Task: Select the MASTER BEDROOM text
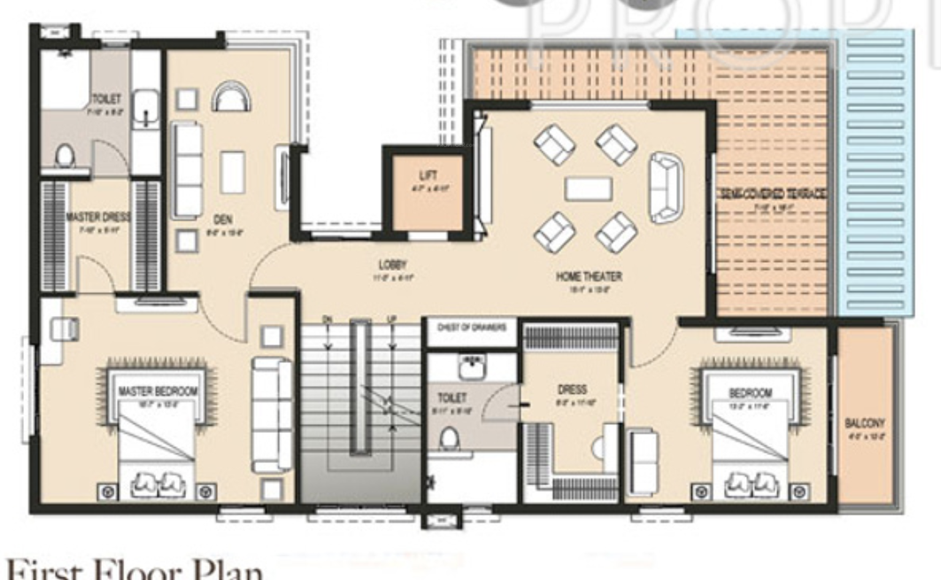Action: tap(158, 391)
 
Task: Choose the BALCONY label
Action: tap(865, 422)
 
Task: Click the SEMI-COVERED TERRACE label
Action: tap(773, 195)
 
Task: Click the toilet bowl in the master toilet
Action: tap(64, 157)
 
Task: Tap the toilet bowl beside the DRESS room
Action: tap(449, 437)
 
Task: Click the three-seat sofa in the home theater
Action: tap(665, 187)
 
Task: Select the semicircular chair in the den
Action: tap(230, 97)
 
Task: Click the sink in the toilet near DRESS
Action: tap(468, 366)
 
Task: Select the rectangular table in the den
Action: tap(233, 172)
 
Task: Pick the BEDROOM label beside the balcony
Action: tap(750, 392)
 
